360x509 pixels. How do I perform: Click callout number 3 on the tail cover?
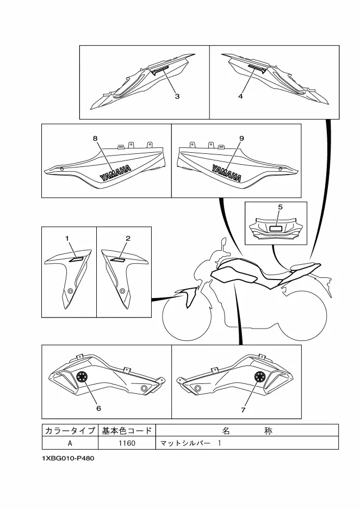(177, 96)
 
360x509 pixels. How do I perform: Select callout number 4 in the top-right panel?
(240, 96)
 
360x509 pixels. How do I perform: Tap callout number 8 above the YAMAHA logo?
(95, 139)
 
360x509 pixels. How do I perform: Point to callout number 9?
(241, 139)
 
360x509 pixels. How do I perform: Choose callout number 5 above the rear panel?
(281, 207)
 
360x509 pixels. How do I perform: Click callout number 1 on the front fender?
(67, 239)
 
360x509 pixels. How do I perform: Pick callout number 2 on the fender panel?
(128, 239)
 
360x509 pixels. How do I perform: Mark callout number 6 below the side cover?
(98, 408)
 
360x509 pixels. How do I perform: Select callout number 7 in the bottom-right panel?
(243, 410)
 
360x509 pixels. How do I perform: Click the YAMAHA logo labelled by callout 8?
(116, 173)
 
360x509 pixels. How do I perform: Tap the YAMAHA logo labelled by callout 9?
(227, 173)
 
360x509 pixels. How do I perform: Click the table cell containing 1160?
(127, 443)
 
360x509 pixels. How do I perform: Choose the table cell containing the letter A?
(70, 443)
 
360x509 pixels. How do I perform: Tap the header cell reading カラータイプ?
(70, 431)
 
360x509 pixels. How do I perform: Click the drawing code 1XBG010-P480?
(68, 458)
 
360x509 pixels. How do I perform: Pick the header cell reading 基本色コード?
(127, 431)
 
